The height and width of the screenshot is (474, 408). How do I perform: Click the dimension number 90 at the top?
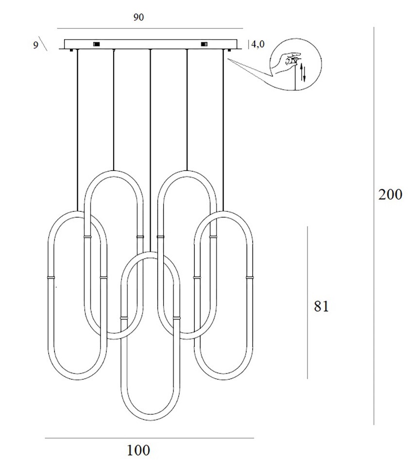pos(138,17)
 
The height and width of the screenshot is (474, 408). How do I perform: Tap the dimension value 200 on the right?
pos(391,195)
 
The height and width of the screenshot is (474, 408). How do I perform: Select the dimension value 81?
pos(321,306)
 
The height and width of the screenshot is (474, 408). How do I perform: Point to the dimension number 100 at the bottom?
pos(138,451)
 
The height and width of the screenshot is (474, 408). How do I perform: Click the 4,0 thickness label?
pos(258,44)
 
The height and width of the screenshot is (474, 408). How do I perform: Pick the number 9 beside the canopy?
pos(35,45)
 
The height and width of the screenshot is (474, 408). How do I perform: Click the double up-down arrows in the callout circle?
pos(303,72)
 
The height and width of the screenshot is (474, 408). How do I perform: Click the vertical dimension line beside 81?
pos(307,301)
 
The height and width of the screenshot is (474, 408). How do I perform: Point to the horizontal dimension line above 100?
pos(149,439)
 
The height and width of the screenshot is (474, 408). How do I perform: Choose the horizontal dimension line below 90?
pos(150,29)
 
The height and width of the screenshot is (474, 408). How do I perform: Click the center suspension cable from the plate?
pos(151,146)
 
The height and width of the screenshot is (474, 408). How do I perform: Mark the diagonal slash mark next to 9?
pos(43,45)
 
